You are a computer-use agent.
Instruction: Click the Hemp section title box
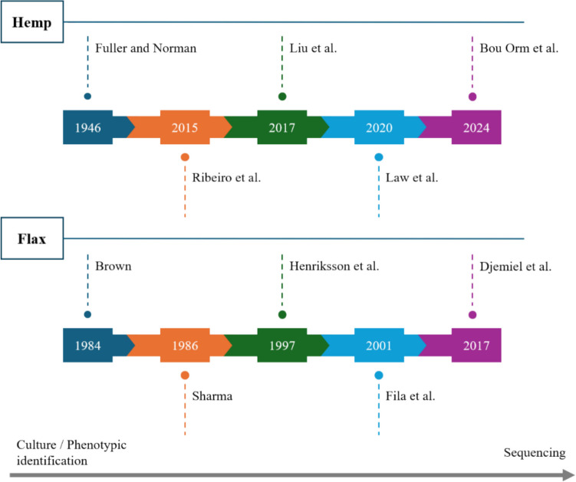[32, 22]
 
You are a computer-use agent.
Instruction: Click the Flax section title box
[32, 238]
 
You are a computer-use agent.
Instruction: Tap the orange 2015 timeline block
[184, 127]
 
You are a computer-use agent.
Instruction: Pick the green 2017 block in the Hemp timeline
[281, 127]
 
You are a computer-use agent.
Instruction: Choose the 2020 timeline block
[379, 127]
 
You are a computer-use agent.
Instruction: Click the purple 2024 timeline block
[476, 127]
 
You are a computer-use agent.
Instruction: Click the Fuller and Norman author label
[146, 48]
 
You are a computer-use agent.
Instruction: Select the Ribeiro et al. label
[226, 178]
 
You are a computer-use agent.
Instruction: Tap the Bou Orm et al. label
[519, 48]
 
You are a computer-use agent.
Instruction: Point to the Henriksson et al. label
[335, 267]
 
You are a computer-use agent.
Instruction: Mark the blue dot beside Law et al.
[379, 157]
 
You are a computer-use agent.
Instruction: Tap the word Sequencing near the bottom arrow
[535, 453]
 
